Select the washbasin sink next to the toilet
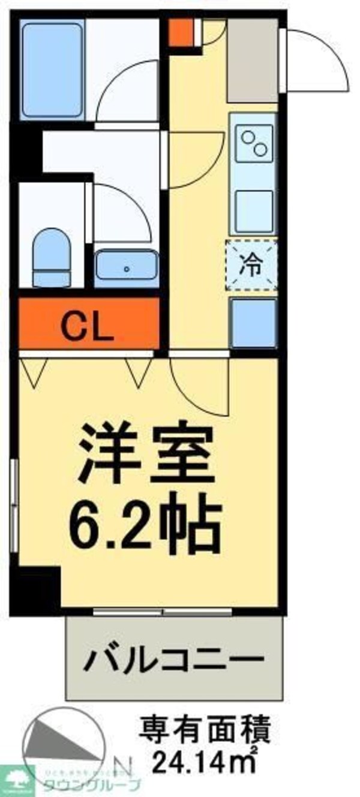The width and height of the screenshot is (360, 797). point(126,268)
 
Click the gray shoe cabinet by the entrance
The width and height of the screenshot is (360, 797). point(252,60)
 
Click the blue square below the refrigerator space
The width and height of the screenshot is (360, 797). point(253,323)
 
